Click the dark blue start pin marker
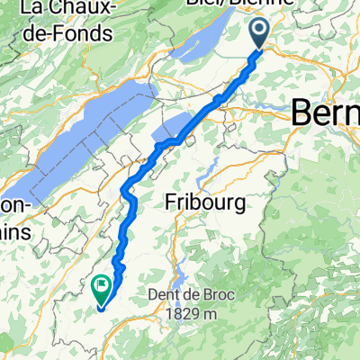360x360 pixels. tap(259, 34)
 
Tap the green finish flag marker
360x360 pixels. tap(102, 288)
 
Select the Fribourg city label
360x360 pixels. tap(206, 204)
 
